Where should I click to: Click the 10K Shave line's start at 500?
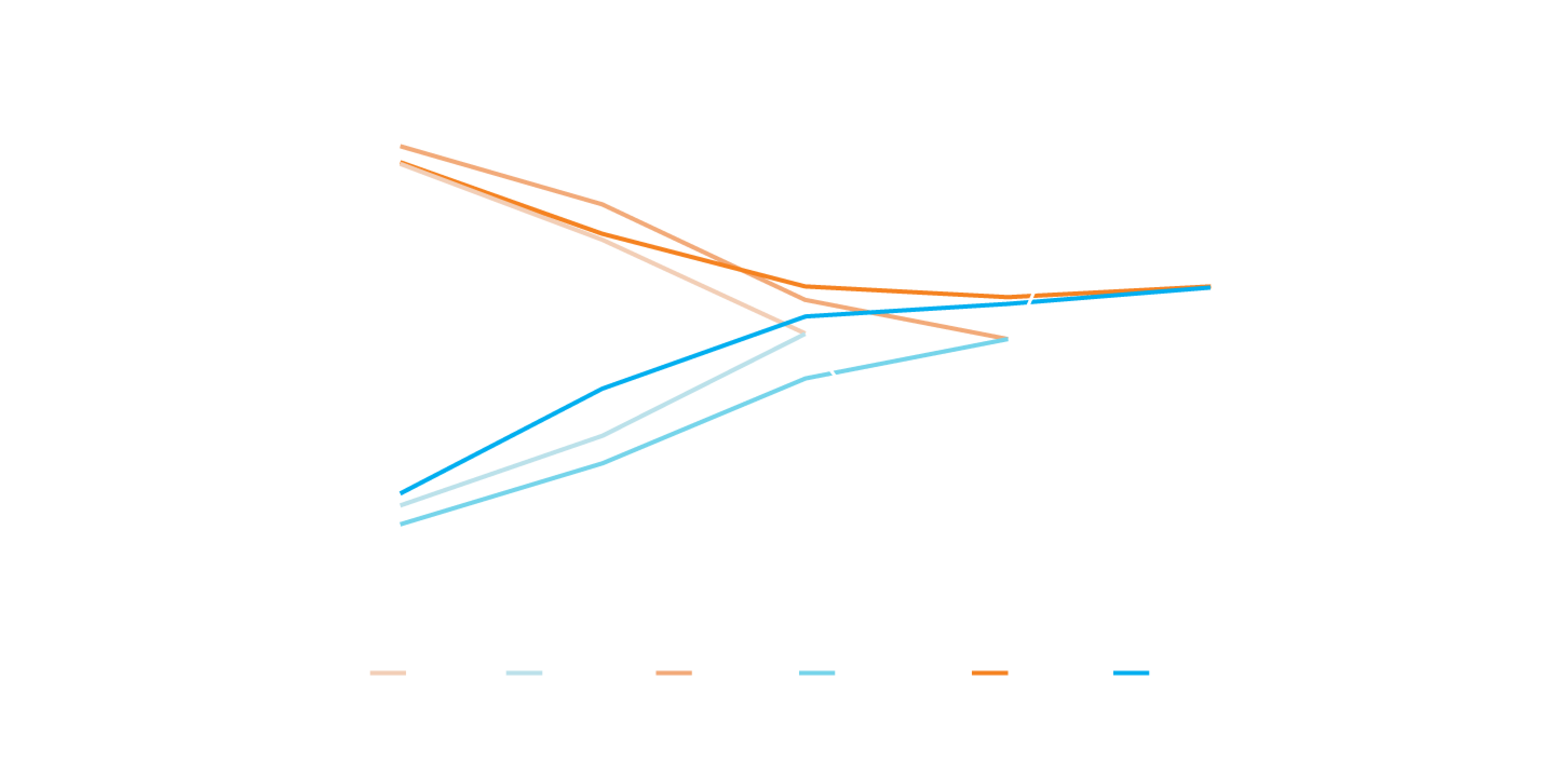click(402, 493)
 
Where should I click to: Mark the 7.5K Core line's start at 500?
click(402, 146)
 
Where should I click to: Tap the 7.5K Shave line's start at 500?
click(402, 524)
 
